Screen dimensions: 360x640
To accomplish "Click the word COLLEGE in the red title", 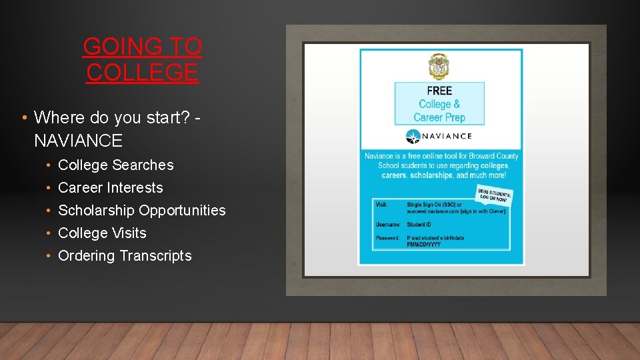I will click(x=142, y=72).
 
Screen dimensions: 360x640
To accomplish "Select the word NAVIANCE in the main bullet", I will click(x=78, y=141).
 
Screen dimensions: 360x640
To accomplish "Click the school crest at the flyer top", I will click(x=439, y=67).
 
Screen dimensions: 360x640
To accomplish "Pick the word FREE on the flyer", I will click(x=439, y=91).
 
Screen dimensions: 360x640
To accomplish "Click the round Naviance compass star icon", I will click(x=413, y=137).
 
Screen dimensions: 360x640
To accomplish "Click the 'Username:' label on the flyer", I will click(x=387, y=225).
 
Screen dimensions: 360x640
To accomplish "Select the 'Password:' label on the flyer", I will click(x=387, y=238).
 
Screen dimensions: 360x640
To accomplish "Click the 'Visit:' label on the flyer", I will click(x=381, y=205).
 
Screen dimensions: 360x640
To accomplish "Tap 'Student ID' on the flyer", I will click(x=419, y=225).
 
